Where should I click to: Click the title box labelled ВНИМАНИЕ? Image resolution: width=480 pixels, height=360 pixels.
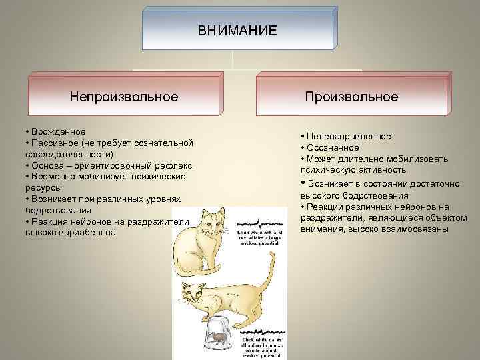coord(237,31)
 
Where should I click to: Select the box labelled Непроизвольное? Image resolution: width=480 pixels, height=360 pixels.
coord(124,97)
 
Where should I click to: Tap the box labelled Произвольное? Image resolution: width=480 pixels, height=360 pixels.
coord(351,97)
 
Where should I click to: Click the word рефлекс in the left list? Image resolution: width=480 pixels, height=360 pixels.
coord(174,165)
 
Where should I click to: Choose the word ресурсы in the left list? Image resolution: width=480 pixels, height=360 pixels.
coord(43,188)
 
